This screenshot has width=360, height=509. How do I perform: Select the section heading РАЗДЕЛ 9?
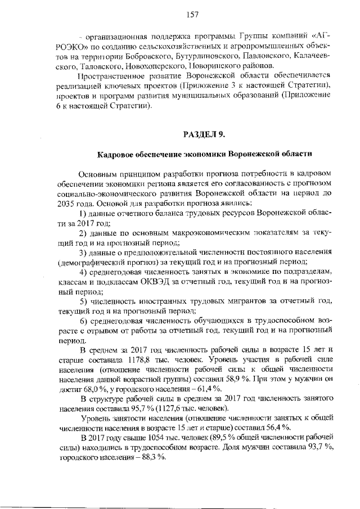[x=204, y=134]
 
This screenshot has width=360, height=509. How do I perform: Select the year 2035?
[x=68, y=202]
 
